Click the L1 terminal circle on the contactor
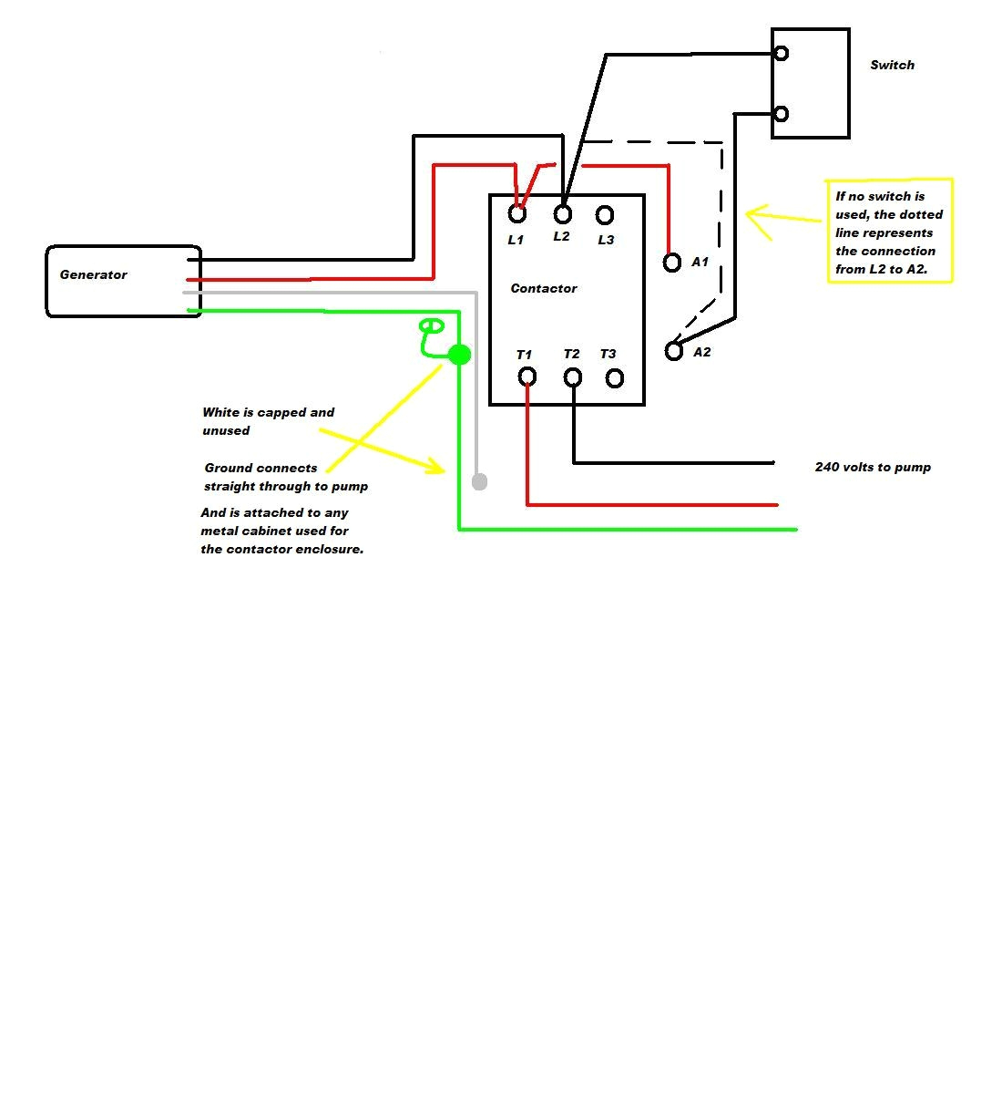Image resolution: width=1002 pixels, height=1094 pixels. (x=517, y=214)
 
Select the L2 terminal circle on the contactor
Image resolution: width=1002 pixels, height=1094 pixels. (x=563, y=214)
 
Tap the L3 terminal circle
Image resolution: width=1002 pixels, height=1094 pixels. (x=605, y=215)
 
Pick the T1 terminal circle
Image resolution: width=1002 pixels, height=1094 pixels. (x=527, y=377)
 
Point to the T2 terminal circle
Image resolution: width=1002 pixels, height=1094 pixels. (x=573, y=377)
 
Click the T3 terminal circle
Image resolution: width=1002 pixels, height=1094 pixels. (x=615, y=377)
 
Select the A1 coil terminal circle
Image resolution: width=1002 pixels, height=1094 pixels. (x=672, y=263)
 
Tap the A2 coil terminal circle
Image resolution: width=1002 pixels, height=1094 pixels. (x=674, y=351)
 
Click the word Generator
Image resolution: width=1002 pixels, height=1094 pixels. (x=93, y=274)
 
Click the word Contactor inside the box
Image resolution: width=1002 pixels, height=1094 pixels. (x=544, y=288)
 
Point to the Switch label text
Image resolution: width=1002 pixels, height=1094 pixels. (x=892, y=65)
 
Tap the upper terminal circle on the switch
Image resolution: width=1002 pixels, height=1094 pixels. (x=781, y=54)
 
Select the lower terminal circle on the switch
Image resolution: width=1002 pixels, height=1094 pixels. (x=781, y=114)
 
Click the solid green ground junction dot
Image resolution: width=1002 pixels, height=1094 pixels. (x=460, y=355)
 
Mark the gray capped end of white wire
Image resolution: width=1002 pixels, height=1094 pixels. (x=480, y=481)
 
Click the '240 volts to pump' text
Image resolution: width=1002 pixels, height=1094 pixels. (x=873, y=467)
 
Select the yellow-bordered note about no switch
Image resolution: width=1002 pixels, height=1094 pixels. (x=889, y=232)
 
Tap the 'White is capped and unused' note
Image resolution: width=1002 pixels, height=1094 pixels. (x=268, y=421)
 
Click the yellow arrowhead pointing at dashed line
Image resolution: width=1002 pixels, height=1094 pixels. (x=752, y=215)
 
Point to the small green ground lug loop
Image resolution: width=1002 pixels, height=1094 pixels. (x=431, y=326)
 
